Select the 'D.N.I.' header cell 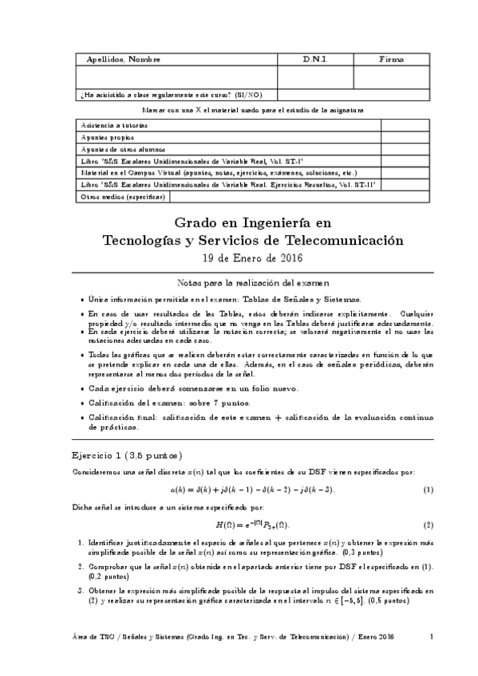click(315, 60)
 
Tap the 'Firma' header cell click(390, 60)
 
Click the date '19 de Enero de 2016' click(253, 258)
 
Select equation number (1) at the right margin click(428, 489)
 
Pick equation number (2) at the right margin click(428, 525)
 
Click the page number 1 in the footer click(431, 635)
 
